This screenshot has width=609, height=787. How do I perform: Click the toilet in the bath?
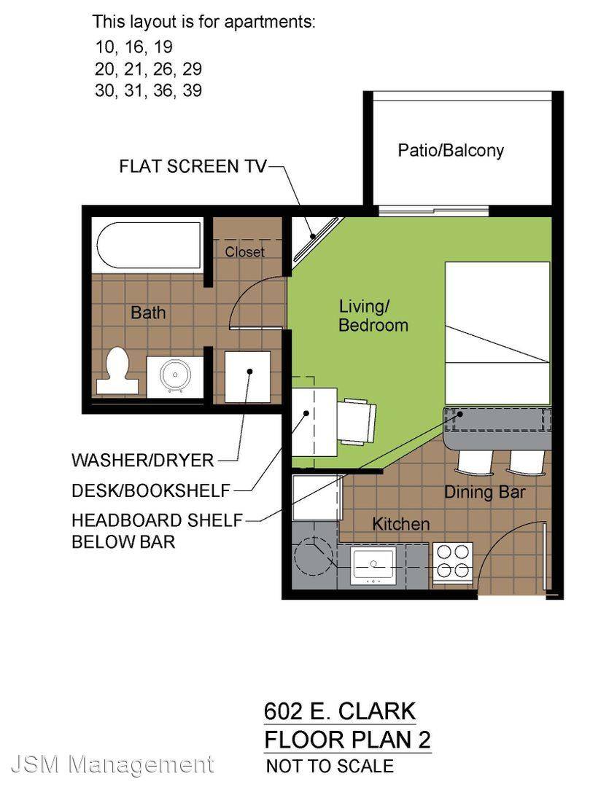point(117,370)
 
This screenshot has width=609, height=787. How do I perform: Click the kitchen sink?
point(373,565)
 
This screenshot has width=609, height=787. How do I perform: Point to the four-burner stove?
point(453,562)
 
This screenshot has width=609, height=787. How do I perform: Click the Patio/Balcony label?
point(451,150)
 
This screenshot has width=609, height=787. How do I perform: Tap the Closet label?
point(245,251)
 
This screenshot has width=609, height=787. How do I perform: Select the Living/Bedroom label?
point(373,316)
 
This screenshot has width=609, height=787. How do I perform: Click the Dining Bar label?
point(485,492)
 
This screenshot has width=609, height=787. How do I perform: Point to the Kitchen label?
point(401,524)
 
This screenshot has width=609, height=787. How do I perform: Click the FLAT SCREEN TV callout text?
point(193,166)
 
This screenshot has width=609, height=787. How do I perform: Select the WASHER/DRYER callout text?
point(143,461)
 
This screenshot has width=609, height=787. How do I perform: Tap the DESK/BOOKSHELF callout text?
point(151,490)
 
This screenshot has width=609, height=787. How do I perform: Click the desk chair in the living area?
point(357,420)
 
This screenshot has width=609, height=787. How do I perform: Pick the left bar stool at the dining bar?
point(474,461)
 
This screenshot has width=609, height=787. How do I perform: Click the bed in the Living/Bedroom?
point(497,332)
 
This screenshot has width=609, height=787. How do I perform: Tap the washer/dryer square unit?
point(247,377)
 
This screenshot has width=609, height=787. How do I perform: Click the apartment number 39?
point(193,90)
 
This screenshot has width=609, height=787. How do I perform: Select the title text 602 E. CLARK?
point(340,711)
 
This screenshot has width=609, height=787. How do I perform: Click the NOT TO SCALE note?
point(330,766)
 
